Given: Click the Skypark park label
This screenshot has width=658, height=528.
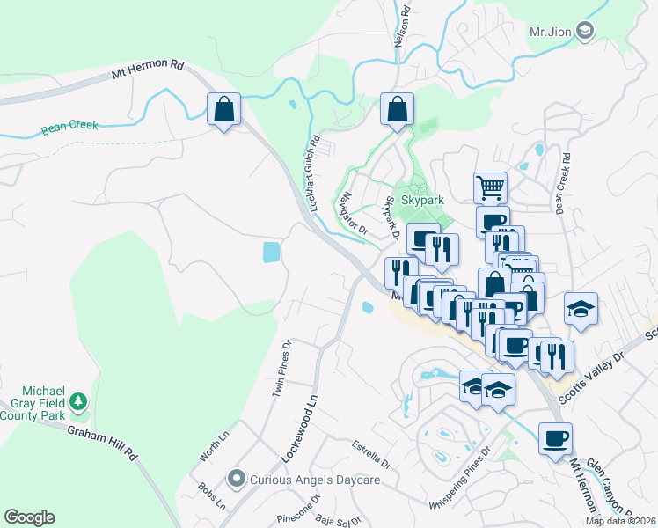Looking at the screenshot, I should tap(422, 200).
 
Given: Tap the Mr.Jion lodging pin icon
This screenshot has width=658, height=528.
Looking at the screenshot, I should tap(587, 32).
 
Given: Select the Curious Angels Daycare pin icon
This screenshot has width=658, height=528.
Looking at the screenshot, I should tap(235, 480).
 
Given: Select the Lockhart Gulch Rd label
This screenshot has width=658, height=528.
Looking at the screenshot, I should tap(312, 172).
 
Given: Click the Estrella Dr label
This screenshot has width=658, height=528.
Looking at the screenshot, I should tap(369, 454).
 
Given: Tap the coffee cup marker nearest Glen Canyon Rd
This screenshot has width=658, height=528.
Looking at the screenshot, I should tap(555, 438).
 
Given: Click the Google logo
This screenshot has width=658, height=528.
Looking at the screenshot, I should tap(29, 517).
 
